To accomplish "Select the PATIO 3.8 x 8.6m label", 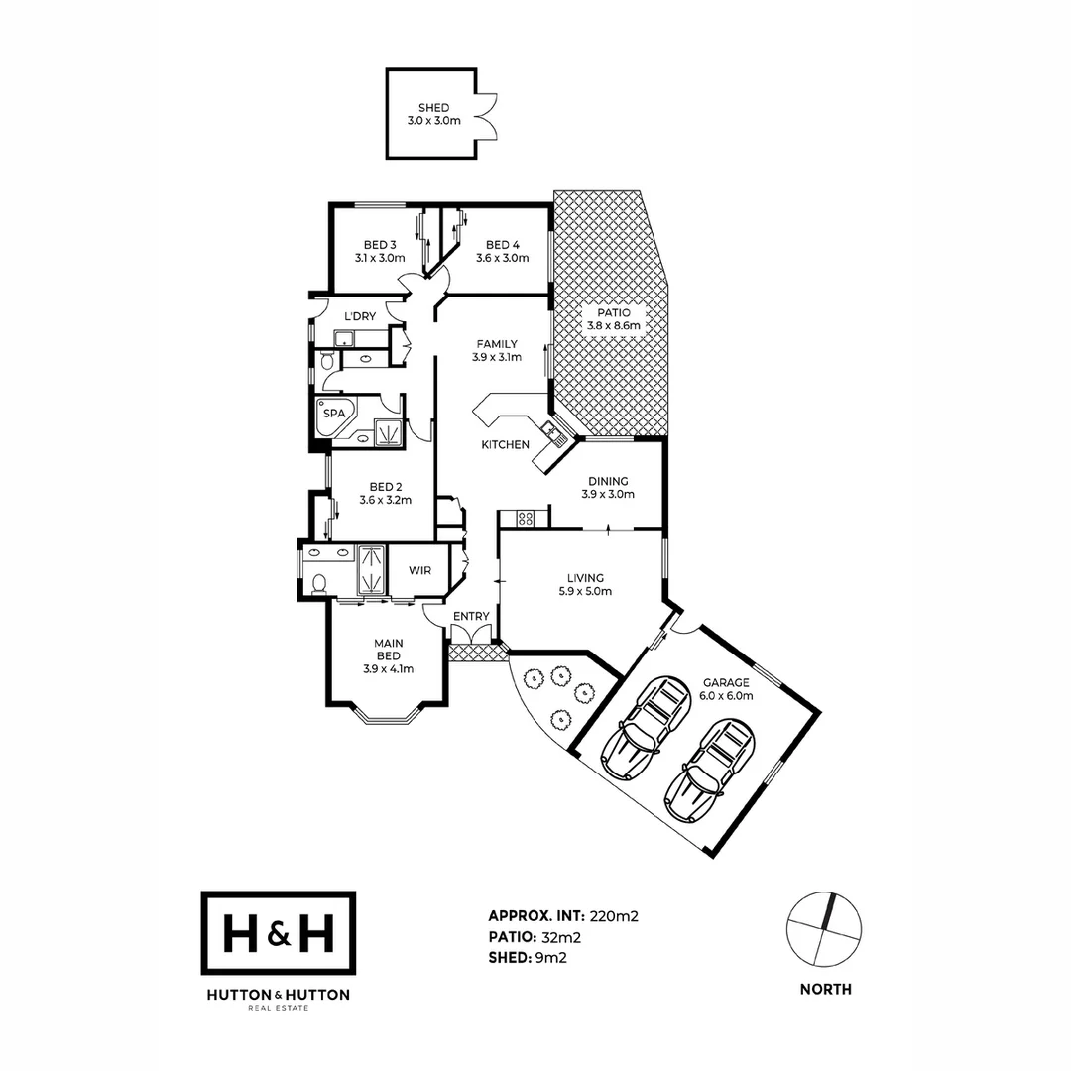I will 614,318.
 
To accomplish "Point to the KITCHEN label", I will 505,445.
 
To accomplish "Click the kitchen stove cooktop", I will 526,517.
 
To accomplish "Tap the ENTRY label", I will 471,616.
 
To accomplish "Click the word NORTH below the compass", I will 826,989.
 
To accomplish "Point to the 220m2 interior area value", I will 614,916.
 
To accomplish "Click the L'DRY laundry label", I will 359,316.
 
